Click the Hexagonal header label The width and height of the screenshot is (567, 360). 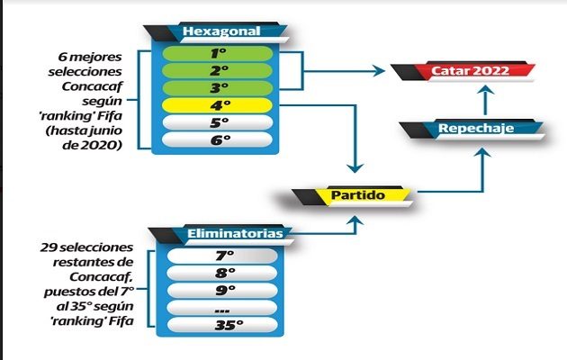pyautogui.click(x=220, y=31)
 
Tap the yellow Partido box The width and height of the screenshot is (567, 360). pyautogui.click(x=358, y=193)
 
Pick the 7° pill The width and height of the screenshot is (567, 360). pyautogui.click(x=224, y=256)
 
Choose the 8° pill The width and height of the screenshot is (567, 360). pyautogui.click(x=224, y=273)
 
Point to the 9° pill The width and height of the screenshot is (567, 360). pyautogui.click(x=224, y=291)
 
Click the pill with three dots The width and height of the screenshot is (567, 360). pyautogui.click(x=224, y=308)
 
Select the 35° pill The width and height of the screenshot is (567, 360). pyautogui.click(x=224, y=325)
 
